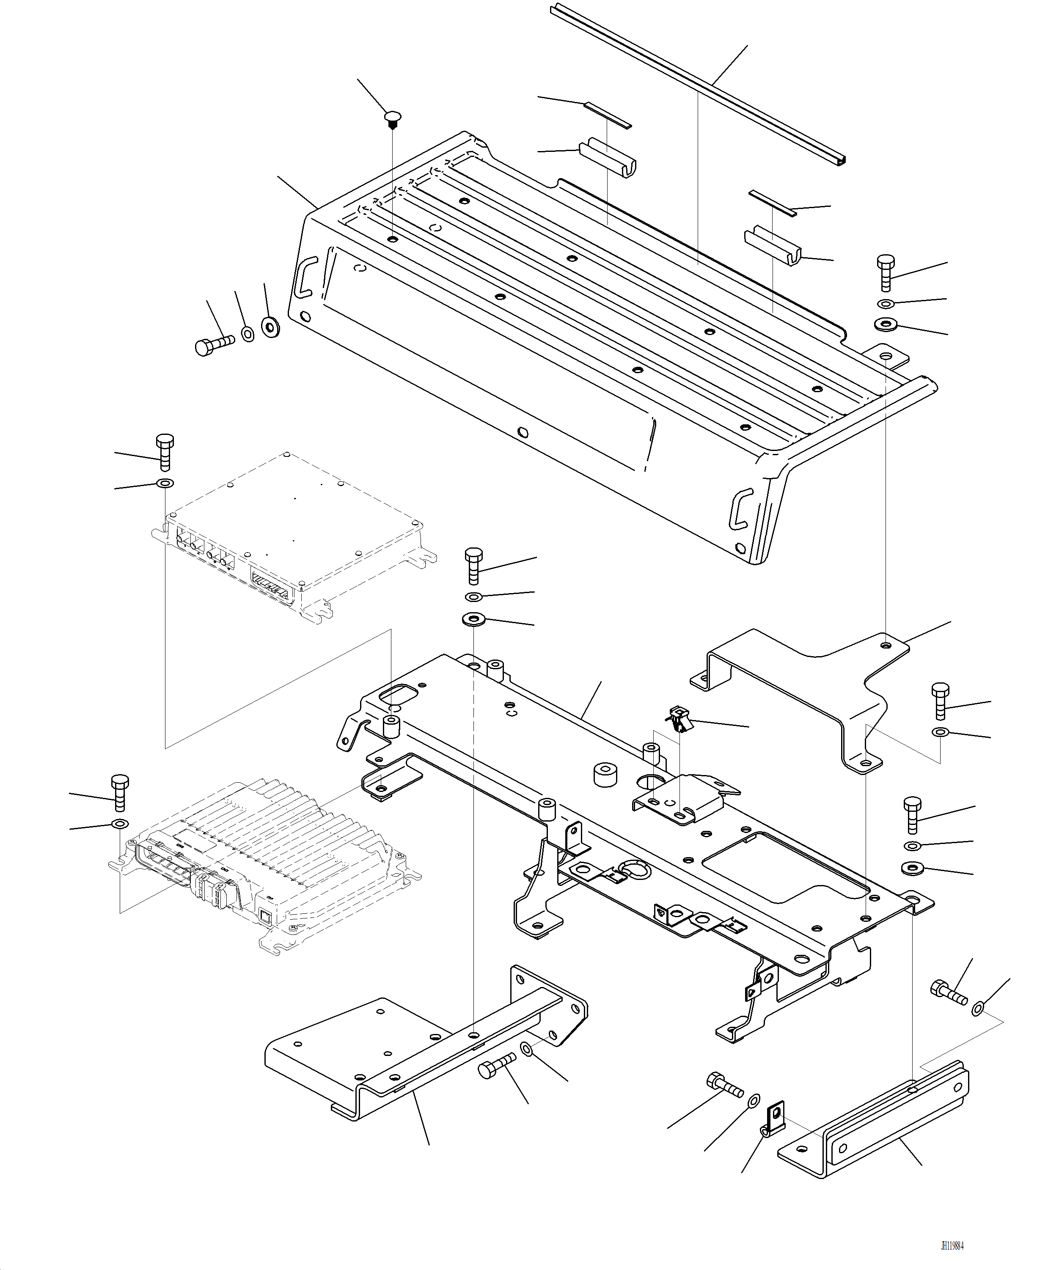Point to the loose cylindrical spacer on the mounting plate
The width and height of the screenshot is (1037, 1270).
(x=605, y=775)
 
